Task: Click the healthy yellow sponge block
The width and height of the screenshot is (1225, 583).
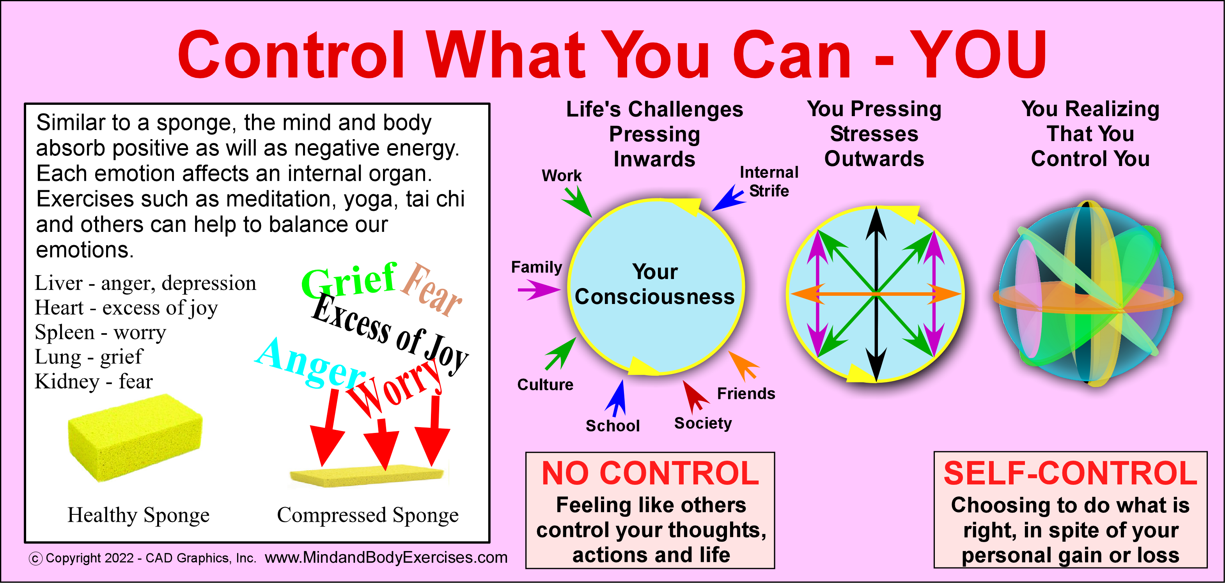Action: [135, 437]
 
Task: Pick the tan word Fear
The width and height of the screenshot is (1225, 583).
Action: [430, 290]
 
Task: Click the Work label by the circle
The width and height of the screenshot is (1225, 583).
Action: [561, 176]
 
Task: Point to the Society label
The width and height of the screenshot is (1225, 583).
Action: [703, 423]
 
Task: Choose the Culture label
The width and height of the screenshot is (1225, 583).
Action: [545, 384]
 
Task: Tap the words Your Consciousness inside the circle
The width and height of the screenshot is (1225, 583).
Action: [655, 284]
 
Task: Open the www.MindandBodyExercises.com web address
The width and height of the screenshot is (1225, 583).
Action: [386, 557]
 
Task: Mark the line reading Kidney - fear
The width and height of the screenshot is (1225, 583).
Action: [94, 382]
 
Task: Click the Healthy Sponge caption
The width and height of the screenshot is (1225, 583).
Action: [138, 515]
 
